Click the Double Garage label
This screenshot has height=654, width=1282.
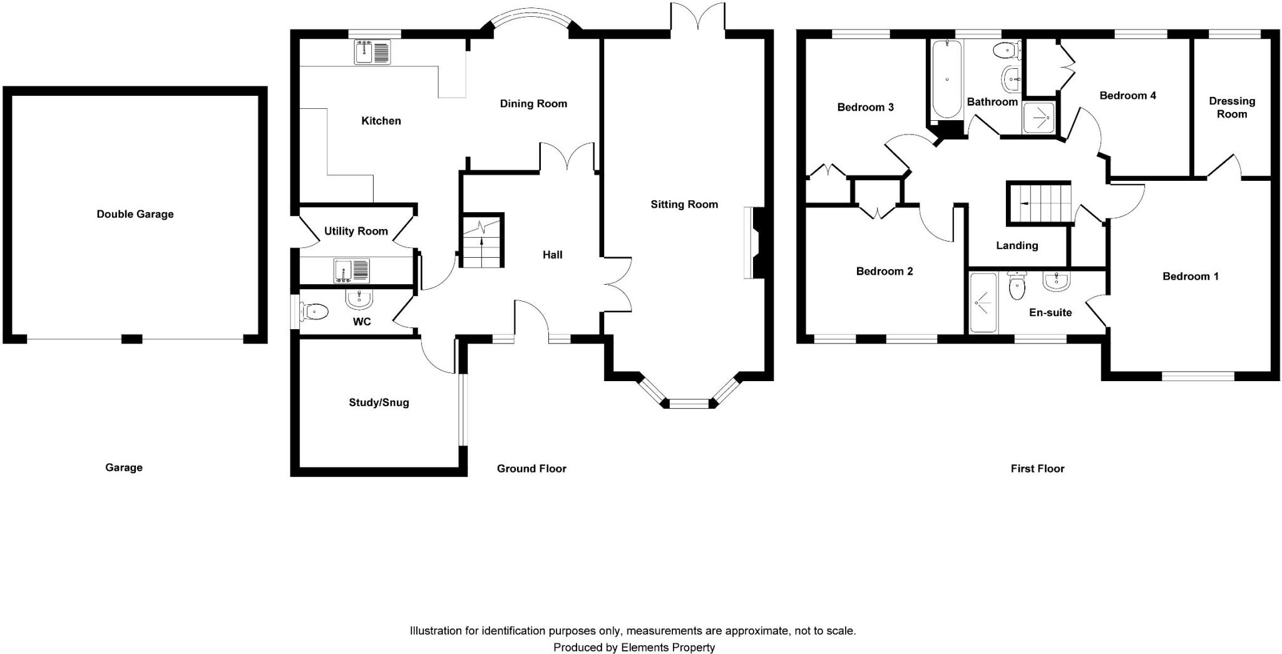click(135, 214)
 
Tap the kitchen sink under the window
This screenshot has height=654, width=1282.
click(372, 51)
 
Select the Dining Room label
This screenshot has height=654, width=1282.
click(533, 104)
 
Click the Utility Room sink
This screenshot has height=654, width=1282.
click(352, 270)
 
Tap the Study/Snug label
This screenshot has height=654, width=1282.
click(379, 402)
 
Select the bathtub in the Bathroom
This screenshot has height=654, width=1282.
click(946, 79)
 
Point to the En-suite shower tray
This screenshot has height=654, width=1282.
click(982, 303)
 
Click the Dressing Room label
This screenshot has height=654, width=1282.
click(1231, 108)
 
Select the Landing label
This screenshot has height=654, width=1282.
click(1017, 245)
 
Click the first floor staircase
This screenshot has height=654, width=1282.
click(1039, 203)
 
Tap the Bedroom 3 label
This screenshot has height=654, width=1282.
click(865, 107)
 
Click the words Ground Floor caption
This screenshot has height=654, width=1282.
click(531, 468)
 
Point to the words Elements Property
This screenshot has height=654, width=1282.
click(668, 648)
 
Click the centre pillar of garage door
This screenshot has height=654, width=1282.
click(131, 339)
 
